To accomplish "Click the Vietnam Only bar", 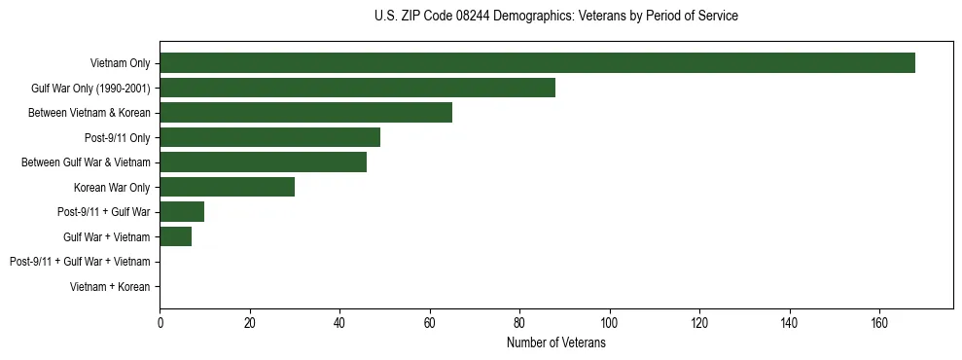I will click(x=537, y=62).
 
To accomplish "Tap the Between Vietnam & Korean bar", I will click(x=305, y=113).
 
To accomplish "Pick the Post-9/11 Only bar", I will click(x=269, y=137).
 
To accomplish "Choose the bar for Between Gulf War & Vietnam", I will click(x=263, y=162).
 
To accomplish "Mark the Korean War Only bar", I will click(x=227, y=187).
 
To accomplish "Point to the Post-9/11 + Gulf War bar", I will click(x=182, y=212).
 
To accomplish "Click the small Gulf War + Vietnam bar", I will click(x=175, y=236).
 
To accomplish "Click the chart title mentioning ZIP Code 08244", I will click(x=555, y=17).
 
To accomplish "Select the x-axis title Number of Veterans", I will click(x=555, y=343).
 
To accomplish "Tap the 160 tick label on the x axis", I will click(x=879, y=323).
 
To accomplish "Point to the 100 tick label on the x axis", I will click(x=610, y=323).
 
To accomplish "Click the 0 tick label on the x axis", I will click(x=160, y=323).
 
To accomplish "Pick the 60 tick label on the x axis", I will click(x=430, y=323).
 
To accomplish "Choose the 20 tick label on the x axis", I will click(x=250, y=323).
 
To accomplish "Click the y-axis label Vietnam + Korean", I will click(x=110, y=287).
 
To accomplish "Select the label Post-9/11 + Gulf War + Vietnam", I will click(x=80, y=262).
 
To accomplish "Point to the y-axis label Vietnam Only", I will click(x=120, y=63).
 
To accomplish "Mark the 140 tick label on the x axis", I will click(x=790, y=323).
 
